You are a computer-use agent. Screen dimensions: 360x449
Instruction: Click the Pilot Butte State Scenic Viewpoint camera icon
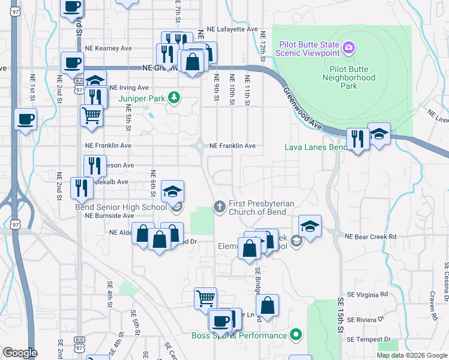(349, 47)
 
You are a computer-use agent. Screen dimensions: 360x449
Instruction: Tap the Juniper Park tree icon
(174, 97)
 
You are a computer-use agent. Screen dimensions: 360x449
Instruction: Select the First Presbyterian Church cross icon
(220, 206)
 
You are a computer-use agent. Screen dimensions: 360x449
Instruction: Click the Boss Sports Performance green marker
(295, 335)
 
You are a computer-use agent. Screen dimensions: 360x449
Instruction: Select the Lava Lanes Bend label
(315, 147)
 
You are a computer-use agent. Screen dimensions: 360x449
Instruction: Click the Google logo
(19, 353)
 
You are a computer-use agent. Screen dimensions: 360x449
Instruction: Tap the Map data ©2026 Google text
(411, 355)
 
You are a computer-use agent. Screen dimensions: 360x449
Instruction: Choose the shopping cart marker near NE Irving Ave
(91, 115)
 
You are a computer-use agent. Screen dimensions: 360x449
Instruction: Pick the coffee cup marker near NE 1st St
(25, 119)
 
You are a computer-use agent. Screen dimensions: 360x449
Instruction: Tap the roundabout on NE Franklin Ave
(199, 145)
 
